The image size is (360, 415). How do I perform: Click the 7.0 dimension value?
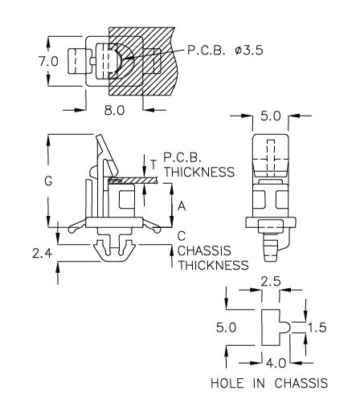pyautogui.click(x=48, y=62)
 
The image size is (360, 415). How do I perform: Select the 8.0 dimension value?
pyautogui.click(x=114, y=110)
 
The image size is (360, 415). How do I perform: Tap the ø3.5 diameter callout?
pyautogui.click(x=249, y=50)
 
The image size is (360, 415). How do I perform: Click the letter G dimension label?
pyautogui.click(x=48, y=181)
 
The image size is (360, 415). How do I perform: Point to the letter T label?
pyautogui.click(x=153, y=165)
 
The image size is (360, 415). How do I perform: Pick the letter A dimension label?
pyautogui.click(x=182, y=206)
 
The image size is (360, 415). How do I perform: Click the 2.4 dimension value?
pyautogui.click(x=42, y=254)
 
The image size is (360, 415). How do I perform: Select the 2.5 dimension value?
pyautogui.click(x=271, y=282)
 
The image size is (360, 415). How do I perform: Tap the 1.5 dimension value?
pyautogui.click(x=317, y=328)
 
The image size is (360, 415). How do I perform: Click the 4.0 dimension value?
pyautogui.click(x=276, y=363)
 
